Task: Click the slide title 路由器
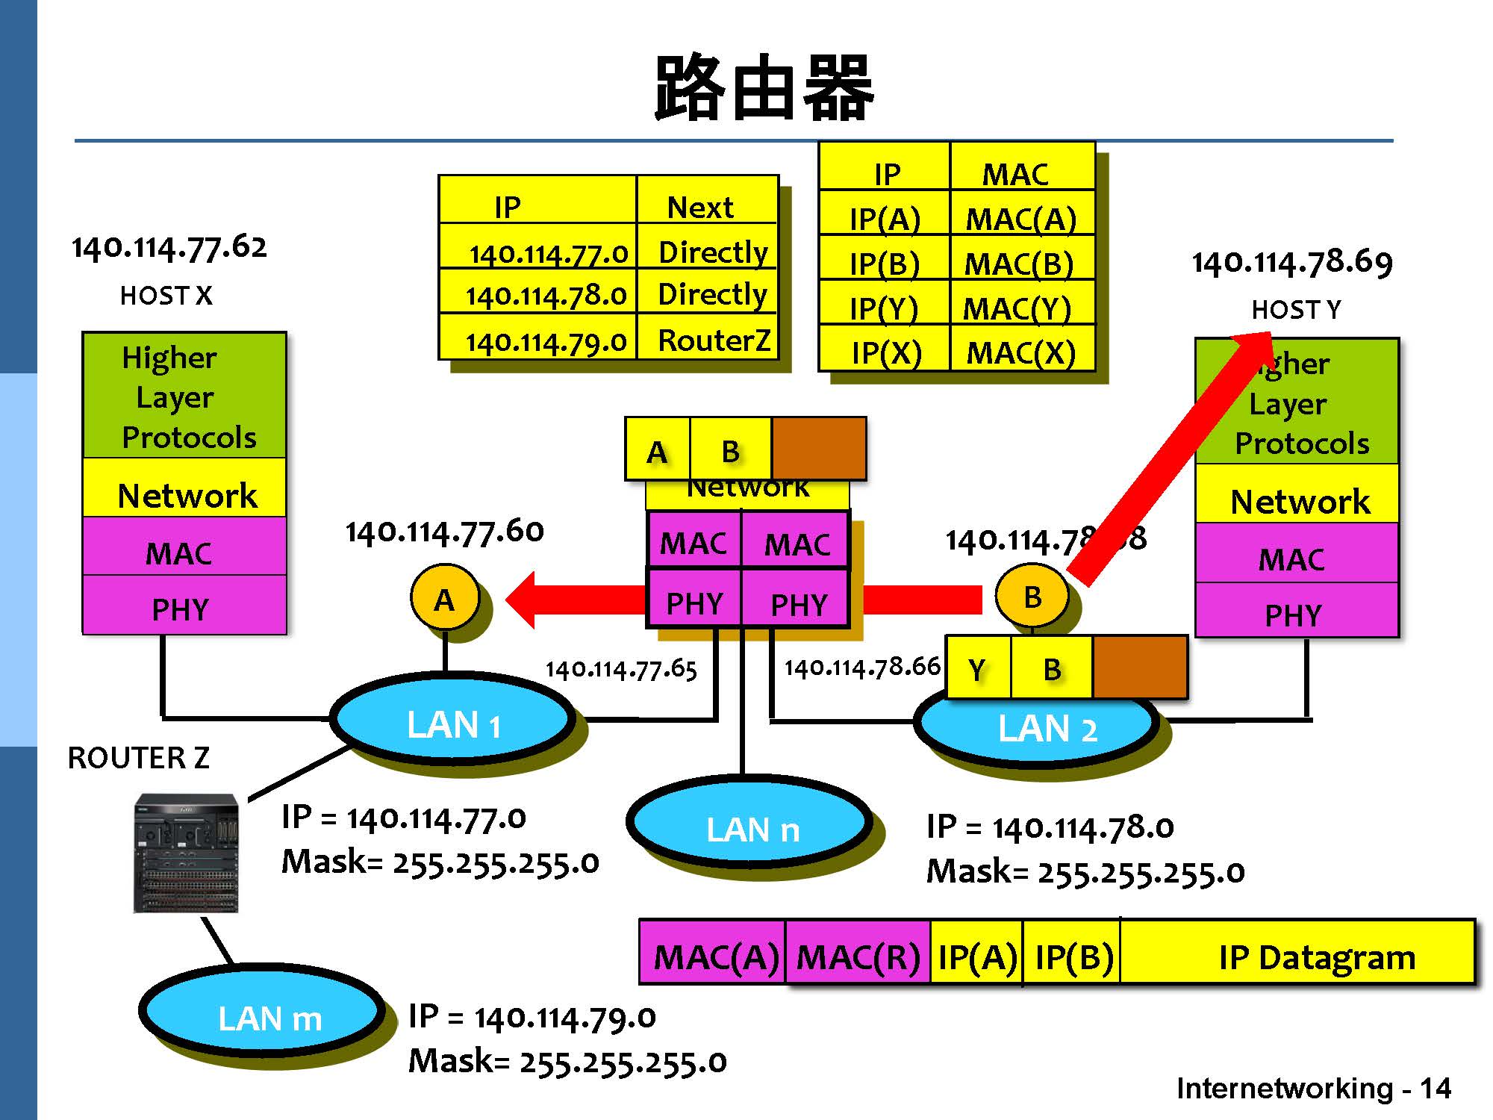pos(763,88)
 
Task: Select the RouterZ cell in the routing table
pos(712,340)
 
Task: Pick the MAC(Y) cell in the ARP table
pos(1018,308)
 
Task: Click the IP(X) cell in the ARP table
pos(886,352)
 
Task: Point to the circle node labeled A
pos(444,599)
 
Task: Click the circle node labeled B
pos(1032,597)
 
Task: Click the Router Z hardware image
pos(186,853)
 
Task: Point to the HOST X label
pos(166,296)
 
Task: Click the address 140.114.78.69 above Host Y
pos(1291,262)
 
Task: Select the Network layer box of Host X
pos(185,494)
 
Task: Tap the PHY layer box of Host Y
pos(1294,614)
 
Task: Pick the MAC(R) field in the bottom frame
pos(858,956)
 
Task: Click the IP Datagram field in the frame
pos(1315,956)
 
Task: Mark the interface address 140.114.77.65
pos(621,668)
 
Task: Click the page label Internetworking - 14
pos(1313,1088)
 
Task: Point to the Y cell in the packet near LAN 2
pos(977,669)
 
